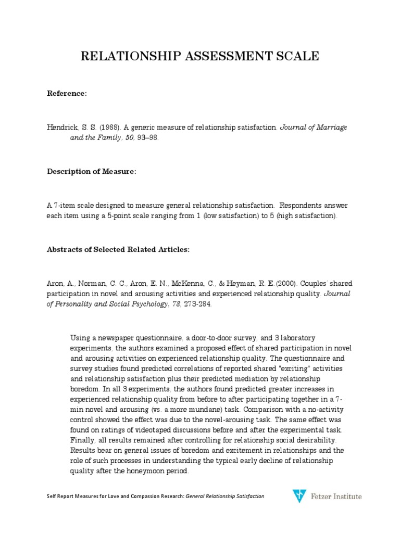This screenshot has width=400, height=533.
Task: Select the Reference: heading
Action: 67,93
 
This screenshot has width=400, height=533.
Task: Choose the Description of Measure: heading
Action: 92,172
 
